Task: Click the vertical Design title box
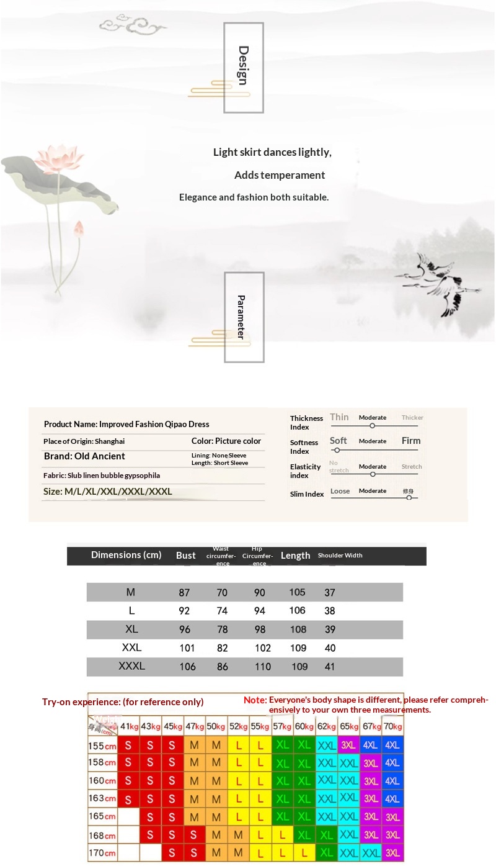[244, 67]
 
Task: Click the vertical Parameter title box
[244, 317]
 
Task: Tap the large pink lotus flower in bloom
[60, 158]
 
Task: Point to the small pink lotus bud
[79, 230]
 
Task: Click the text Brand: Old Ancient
[84, 456]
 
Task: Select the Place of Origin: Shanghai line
[84, 441]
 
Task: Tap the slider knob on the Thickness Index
[372, 426]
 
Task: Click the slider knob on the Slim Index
[409, 498]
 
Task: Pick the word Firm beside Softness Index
[410, 441]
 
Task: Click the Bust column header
[185, 556]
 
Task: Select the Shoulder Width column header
[340, 556]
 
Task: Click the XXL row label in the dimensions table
[131, 647]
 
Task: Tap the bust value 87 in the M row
[184, 593]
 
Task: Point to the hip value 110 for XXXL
[263, 667]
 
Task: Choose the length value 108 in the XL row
[298, 629]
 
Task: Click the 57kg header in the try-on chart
[283, 726]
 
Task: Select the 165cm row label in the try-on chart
[102, 816]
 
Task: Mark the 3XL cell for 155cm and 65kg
[348, 745]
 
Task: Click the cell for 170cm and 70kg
[392, 853]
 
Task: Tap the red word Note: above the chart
[255, 700]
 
